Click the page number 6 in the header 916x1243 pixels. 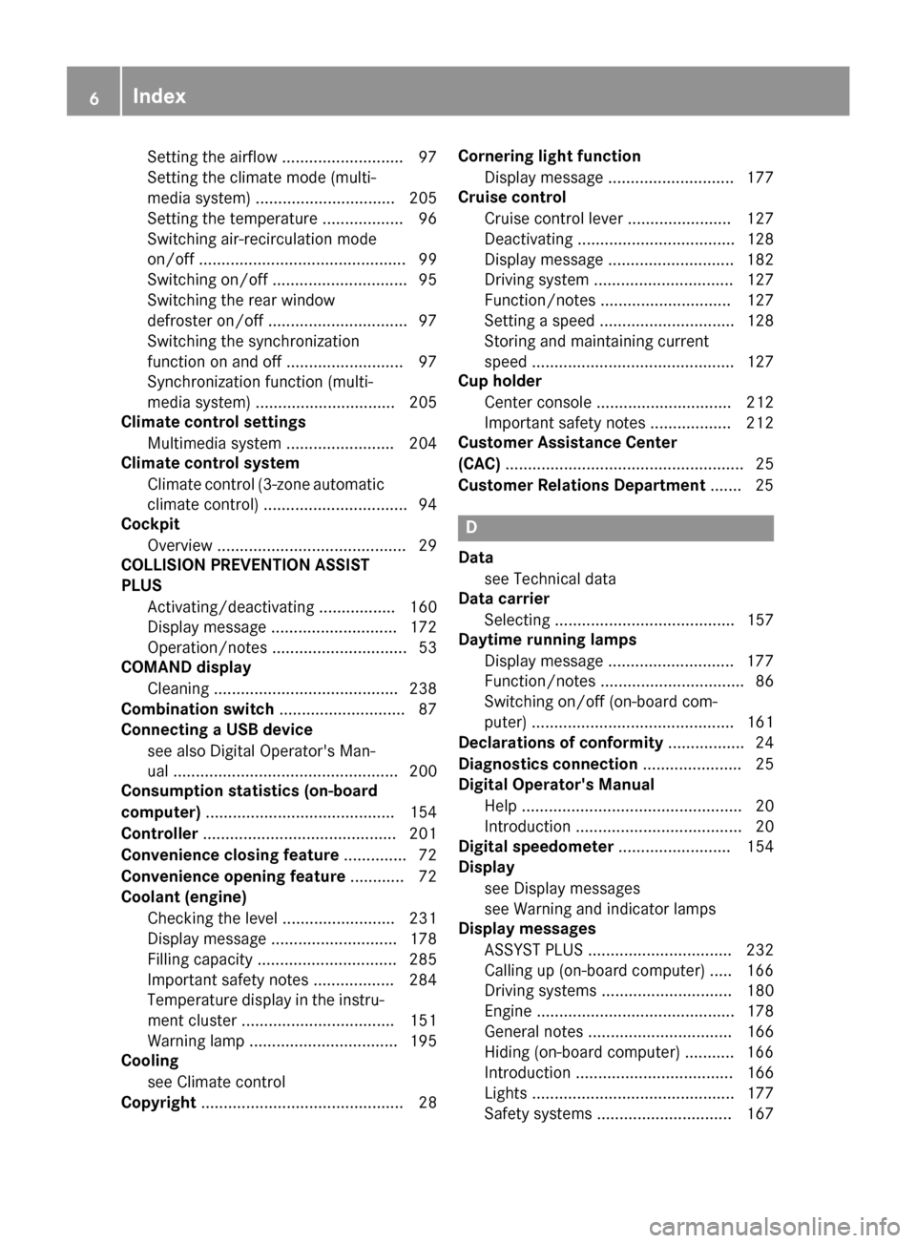point(93,96)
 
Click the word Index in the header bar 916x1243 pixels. point(159,95)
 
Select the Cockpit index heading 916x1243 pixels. point(150,524)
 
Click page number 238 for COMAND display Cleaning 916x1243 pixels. point(423,688)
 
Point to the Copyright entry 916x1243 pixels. point(158,1103)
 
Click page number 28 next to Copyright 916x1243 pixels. point(427,1103)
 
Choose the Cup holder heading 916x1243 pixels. point(500,381)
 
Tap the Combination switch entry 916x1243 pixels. point(198,709)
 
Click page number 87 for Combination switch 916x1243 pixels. point(427,709)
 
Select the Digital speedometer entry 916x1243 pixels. point(535,847)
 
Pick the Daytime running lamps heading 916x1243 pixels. point(547,640)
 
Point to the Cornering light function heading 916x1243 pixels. point(550,156)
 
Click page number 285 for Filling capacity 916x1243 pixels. point(423,959)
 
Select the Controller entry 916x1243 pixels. point(159,834)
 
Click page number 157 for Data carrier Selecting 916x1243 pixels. point(760,621)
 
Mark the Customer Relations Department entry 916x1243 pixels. point(581,485)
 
